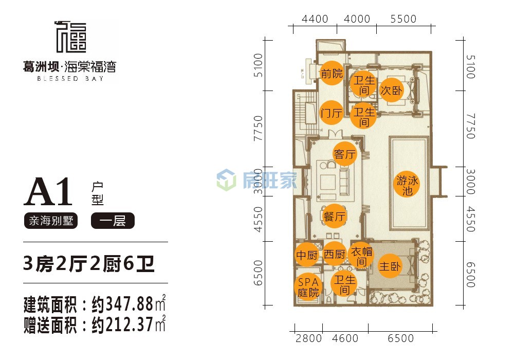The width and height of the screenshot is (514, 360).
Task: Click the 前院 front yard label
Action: pyautogui.click(x=332, y=73)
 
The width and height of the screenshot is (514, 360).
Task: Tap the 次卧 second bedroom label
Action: pyautogui.click(x=391, y=90)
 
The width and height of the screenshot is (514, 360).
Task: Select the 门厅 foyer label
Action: pyautogui.click(x=331, y=113)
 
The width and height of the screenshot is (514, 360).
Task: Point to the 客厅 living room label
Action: pyautogui.click(x=344, y=154)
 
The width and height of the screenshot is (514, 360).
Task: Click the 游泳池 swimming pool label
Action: pyautogui.click(x=407, y=185)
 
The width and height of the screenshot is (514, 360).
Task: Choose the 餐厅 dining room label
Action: pyautogui.click(x=335, y=217)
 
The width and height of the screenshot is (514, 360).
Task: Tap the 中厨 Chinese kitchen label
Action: pyautogui.click(x=307, y=255)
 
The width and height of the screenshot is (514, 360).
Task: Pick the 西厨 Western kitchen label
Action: pyautogui.click(x=335, y=254)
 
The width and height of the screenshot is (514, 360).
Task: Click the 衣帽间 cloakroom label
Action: pyautogui.click(x=361, y=256)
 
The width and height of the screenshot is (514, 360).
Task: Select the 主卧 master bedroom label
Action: pyautogui.click(x=390, y=266)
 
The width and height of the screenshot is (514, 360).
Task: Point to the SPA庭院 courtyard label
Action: pyautogui.click(x=308, y=287)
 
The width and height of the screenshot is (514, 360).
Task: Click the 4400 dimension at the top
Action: pyautogui.click(x=315, y=19)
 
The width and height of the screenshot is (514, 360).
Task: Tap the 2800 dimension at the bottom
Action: pyautogui.click(x=308, y=338)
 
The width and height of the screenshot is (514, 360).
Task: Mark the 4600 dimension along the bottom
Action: pyautogui.click(x=345, y=338)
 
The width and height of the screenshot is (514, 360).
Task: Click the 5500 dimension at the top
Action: pyautogui.click(x=403, y=19)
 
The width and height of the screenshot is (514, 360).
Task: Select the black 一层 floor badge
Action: pyautogui.click(x=113, y=220)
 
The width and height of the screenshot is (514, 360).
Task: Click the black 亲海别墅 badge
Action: pyautogui.click(x=51, y=221)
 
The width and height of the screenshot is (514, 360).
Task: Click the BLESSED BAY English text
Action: pyautogui.click(x=70, y=79)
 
